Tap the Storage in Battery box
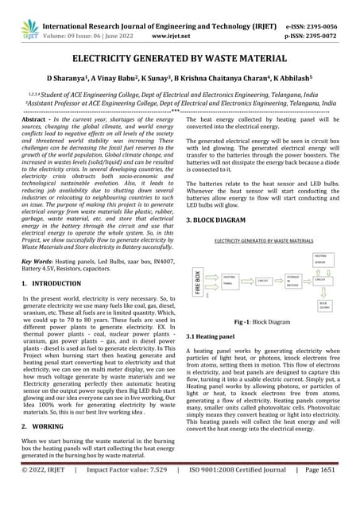click(x=292, y=279)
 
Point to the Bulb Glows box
click(x=324, y=305)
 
